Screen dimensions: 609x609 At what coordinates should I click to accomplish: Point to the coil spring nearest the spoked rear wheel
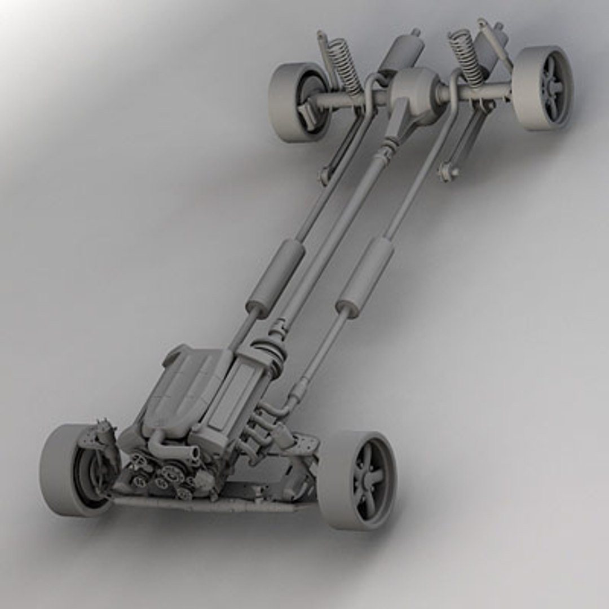pyautogui.click(x=466, y=56)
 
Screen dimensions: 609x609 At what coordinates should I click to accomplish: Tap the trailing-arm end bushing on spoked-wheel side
pyautogui.click(x=448, y=171)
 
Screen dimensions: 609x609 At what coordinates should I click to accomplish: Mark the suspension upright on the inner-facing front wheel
pyautogui.click(x=101, y=445)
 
